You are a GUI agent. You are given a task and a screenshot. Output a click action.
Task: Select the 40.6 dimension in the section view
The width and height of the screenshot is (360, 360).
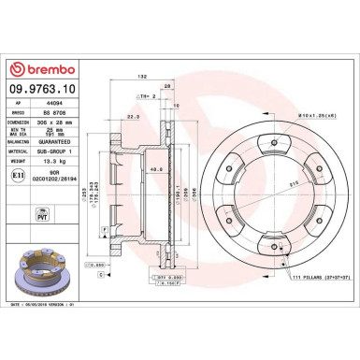pos(154,169)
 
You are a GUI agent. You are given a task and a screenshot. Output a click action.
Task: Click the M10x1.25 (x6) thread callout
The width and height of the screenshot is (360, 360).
pos(314,115)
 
